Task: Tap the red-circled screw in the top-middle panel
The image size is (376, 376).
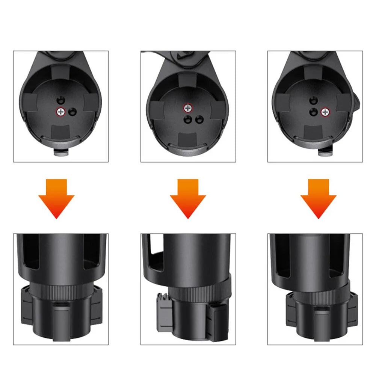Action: click(x=188, y=108)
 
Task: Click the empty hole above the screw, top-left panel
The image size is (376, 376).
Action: click(x=60, y=100)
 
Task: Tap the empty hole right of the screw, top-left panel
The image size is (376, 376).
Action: click(x=72, y=111)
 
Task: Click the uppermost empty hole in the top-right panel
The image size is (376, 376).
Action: click(x=313, y=100)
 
